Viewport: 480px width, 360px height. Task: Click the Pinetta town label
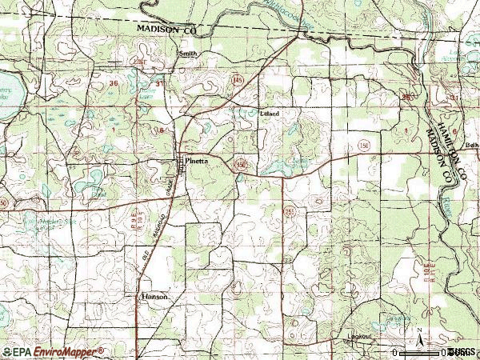(197, 161)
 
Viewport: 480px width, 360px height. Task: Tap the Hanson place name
(154, 296)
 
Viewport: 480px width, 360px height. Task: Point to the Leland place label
(271, 114)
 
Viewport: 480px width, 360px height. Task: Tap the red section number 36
(114, 83)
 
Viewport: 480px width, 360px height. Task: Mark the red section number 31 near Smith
(160, 83)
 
